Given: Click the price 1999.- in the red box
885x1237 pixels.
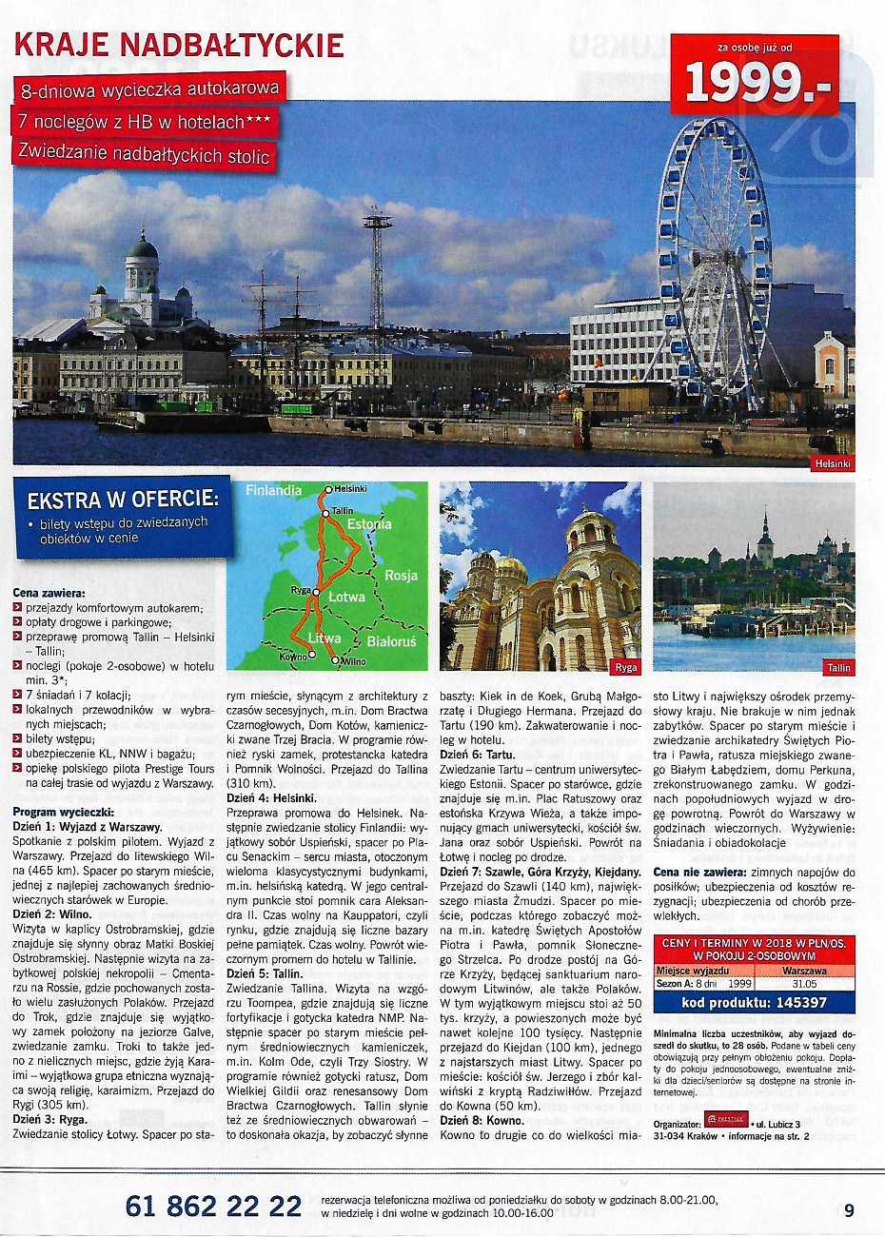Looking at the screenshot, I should click(757, 84).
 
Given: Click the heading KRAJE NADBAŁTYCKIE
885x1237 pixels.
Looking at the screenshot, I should click(180, 45).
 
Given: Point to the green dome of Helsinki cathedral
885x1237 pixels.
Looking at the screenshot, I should click(143, 249).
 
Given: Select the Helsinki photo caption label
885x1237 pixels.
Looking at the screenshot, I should click(834, 464).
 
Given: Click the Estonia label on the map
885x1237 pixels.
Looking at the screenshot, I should click(369, 524).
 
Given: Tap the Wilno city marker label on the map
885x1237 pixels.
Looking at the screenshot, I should click(352, 660).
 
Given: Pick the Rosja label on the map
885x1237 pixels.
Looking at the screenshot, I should click(401, 576).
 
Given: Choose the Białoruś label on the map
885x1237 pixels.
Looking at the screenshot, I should click(391, 641).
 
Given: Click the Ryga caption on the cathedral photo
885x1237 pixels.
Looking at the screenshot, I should click(626, 667).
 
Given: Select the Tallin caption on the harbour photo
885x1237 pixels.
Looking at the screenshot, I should click(838, 667).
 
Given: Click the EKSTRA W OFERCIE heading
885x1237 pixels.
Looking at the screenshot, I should click(123, 500).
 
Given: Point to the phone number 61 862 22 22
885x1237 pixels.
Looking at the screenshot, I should click(213, 1207).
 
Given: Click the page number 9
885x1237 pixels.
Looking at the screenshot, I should click(849, 1210).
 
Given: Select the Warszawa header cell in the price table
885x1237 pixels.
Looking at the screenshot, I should click(803, 972).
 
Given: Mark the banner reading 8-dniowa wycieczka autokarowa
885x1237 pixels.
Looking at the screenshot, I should click(150, 89).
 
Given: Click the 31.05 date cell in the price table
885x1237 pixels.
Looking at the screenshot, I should click(803, 985).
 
